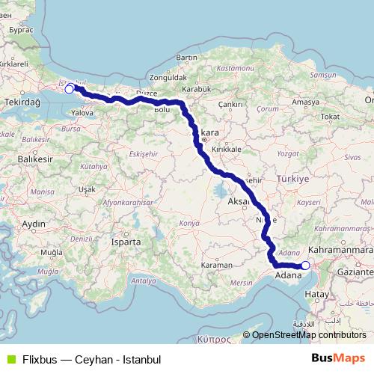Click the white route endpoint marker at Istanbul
click(x=70, y=89)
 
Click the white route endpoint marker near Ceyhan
click(x=305, y=265)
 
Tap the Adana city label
click(x=287, y=275)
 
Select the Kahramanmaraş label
click(x=341, y=250)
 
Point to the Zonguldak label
click(x=168, y=76)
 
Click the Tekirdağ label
click(x=24, y=100)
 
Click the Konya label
click(x=189, y=223)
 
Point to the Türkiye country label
click(x=292, y=180)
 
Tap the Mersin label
click(x=241, y=283)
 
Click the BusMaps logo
click(x=338, y=358)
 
